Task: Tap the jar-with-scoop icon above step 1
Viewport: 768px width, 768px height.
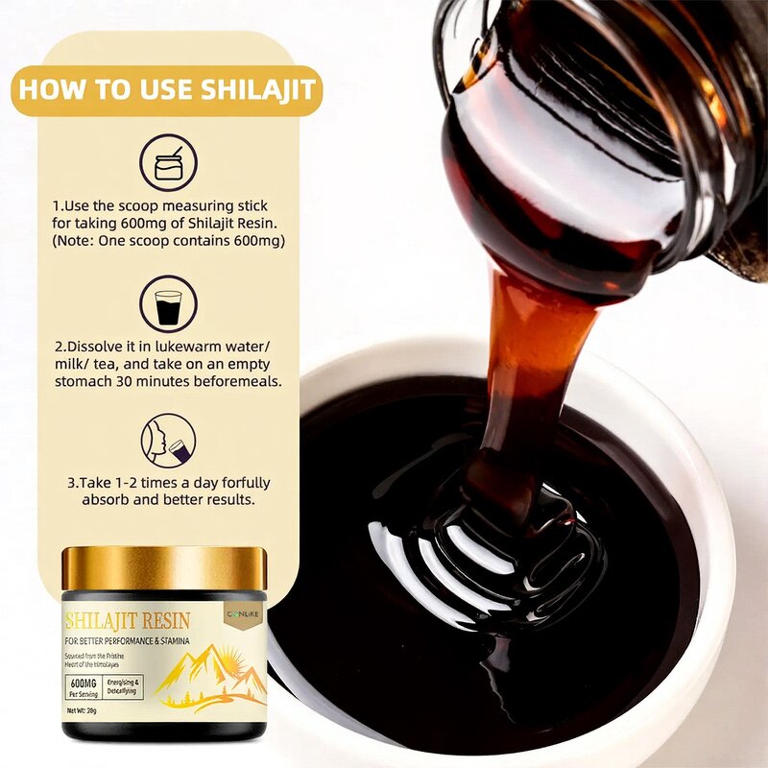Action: click(x=168, y=163)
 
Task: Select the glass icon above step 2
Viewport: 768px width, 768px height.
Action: click(x=168, y=304)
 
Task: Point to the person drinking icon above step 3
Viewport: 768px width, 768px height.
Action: click(x=168, y=441)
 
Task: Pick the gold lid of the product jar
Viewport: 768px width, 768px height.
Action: click(x=164, y=568)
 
